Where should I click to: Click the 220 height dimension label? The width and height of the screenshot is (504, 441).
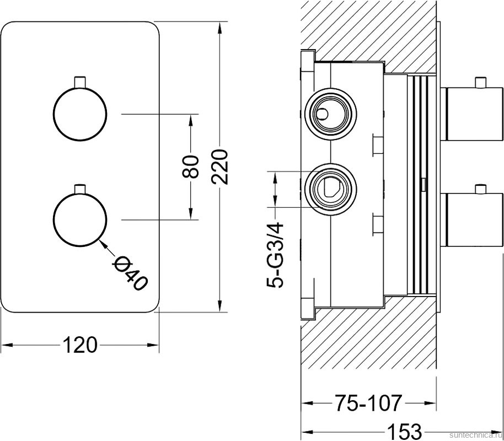(x=219, y=166)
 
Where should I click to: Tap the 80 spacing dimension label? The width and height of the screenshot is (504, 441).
(x=191, y=166)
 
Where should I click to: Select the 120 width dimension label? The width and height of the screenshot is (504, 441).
(x=79, y=345)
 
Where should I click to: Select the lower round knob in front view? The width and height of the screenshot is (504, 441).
(x=79, y=219)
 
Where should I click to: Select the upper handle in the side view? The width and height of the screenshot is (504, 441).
(x=472, y=113)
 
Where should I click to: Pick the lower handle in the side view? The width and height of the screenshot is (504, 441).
(x=472, y=219)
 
